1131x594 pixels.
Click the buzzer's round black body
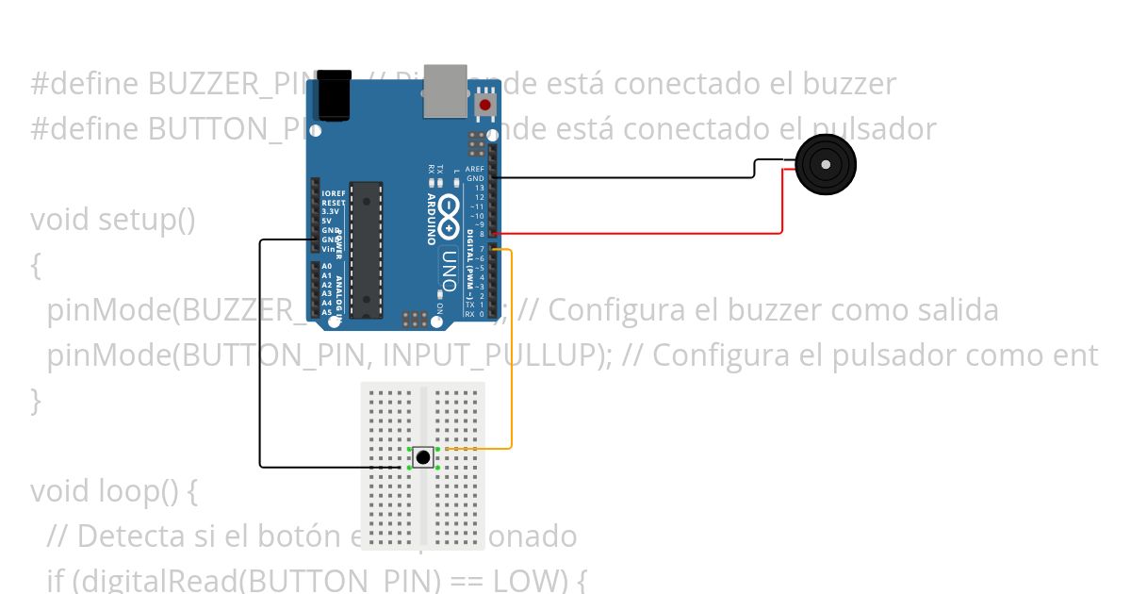point(826,165)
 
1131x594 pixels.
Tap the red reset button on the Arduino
point(485,104)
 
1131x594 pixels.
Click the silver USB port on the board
point(445,91)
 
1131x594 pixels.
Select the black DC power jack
point(335,95)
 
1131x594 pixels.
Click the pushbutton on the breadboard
point(424,458)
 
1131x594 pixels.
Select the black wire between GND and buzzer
point(622,177)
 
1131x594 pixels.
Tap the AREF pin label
point(475,170)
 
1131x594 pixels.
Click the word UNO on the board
point(449,269)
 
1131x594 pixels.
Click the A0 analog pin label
point(326,267)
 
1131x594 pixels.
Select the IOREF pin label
point(333,193)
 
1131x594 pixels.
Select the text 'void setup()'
point(113,220)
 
